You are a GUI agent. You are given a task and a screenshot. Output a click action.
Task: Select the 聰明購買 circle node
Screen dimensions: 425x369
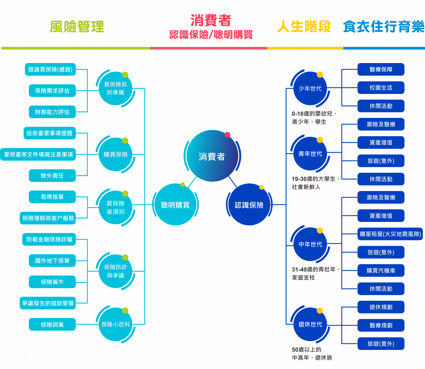coord(175,205)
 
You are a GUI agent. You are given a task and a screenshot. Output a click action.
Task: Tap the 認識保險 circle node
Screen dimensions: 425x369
coord(249,205)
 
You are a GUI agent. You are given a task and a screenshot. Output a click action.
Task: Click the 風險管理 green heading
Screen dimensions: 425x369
coord(77,27)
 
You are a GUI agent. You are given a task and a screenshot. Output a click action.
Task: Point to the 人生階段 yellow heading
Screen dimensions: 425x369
coord(304,27)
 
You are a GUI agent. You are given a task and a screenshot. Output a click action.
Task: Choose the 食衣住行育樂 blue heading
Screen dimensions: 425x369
coord(384,27)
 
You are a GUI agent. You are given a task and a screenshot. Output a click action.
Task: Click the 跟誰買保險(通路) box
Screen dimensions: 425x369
coord(50,69)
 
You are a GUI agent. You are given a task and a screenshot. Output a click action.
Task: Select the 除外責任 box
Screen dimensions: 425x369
coord(52,176)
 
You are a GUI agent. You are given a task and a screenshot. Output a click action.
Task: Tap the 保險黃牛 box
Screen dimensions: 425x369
coord(52,282)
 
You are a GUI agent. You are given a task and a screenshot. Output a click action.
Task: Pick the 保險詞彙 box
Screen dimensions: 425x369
coord(52,325)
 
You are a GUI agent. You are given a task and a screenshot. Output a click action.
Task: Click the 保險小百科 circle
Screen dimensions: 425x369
coord(116,324)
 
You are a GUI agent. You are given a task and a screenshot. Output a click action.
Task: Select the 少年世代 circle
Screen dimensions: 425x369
coord(310,88)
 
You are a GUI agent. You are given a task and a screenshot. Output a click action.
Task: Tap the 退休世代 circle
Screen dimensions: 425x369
coord(310,324)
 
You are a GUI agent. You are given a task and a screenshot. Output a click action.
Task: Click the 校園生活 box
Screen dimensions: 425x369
coord(381,88)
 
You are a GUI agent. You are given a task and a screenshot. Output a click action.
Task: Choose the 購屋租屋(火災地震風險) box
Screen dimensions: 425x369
coord(390,234)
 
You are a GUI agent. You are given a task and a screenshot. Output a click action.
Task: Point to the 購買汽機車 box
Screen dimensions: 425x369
coord(381,271)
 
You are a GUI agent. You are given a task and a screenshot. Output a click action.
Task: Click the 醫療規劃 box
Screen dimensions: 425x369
coord(381,325)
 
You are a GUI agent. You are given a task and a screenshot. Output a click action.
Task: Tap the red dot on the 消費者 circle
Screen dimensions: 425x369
coord(227,135)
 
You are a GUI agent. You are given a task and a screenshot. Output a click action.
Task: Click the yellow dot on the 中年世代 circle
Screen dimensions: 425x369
coord(320,230)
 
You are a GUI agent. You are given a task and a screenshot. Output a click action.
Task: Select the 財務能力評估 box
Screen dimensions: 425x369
coord(52,112)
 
